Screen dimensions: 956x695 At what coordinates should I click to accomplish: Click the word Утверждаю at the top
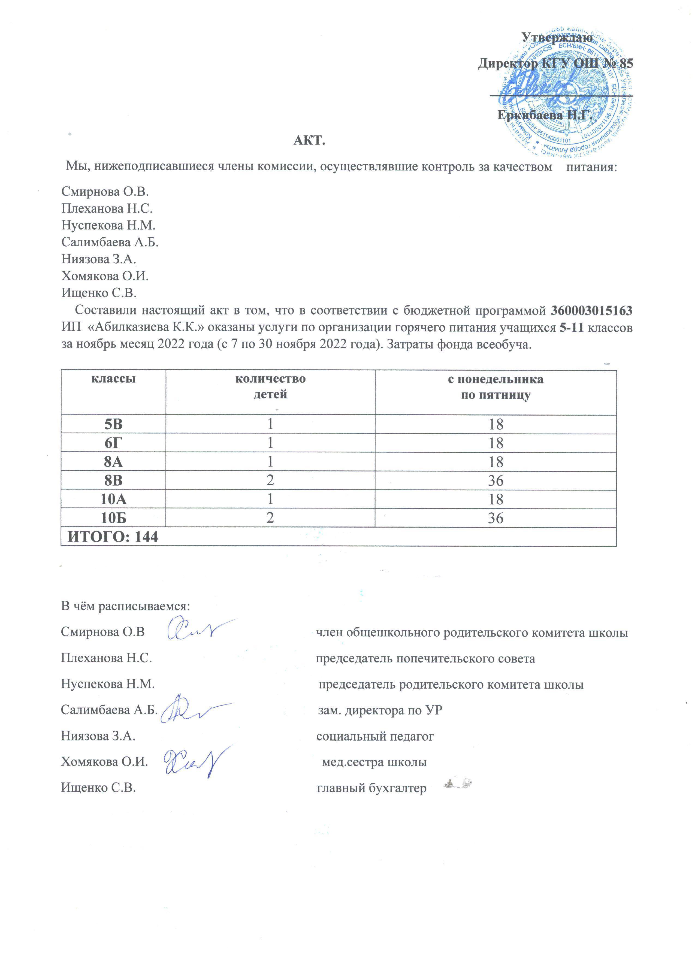tap(557, 38)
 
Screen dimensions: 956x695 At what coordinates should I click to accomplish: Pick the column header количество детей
tap(270, 386)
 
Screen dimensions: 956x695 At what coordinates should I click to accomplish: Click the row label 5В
tap(113, 424)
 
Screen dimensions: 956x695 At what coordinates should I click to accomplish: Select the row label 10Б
tap(113, 518)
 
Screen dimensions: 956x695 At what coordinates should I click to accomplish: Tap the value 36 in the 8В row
tap(496, 480)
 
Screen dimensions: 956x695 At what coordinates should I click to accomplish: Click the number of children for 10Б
tap(270, 518)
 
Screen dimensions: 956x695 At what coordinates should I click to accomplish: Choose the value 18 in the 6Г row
tap(496, 443)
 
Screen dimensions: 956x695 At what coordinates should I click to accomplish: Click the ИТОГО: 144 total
tap(113, 537)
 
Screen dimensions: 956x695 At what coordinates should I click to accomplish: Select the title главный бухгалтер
tap(371, 788)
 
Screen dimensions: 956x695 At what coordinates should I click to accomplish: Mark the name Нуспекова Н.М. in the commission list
tap(108, 226)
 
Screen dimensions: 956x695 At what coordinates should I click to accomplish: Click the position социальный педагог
tap(375, 736)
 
